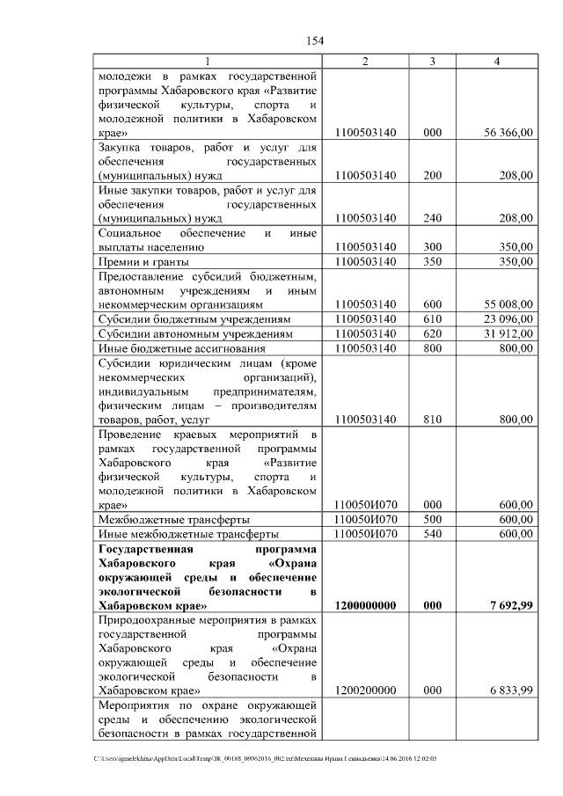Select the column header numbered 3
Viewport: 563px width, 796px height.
pyautogui.click(x=432, y=61)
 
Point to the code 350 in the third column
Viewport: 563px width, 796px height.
pyautogui.click(x=432, y=261)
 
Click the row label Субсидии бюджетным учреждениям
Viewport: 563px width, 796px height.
pyautogui.click(x=194, y=318)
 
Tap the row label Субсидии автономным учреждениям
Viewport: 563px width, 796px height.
pyautogui.click(x=194, y=333)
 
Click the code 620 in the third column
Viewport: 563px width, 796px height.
pyautogui.click(x=432, y=333)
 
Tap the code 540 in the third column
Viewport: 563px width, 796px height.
pyautogui.click(x=432, y=534)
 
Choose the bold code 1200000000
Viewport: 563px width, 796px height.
pyautogui.click(x=366, y=605)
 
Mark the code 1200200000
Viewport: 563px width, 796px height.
pyautogui.click(x=366, y=690)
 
